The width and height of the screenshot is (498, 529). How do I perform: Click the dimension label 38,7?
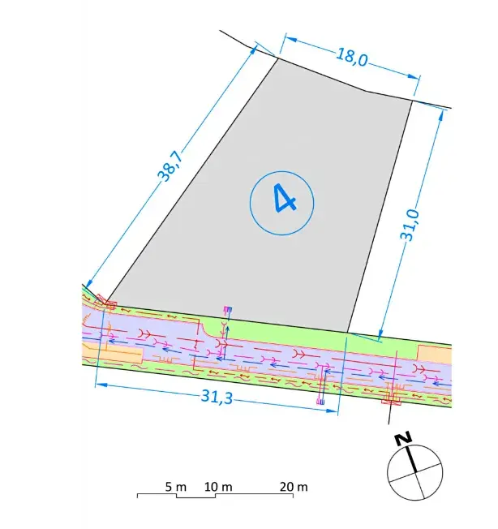point(171,166)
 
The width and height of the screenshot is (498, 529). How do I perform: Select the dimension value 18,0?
point(352,58)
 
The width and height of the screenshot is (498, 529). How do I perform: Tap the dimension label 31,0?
point(410,225)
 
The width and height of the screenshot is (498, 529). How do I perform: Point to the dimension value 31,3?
point(217,397)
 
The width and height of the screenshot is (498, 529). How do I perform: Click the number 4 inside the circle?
point(284,198)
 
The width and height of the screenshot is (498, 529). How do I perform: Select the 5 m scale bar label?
point(176,487)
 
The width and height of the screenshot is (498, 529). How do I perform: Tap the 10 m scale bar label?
point(218,487)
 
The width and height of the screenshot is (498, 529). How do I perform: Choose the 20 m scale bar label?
point(294,487)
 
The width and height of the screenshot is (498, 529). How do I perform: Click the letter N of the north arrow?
point(403,438)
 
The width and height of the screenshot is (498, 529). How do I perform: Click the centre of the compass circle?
point(414,472)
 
